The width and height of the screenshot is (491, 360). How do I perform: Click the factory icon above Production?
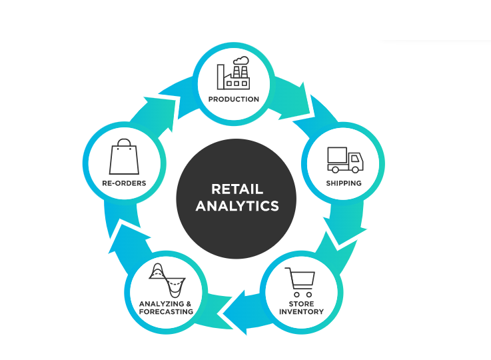coord(233,73)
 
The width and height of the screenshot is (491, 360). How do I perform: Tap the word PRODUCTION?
coord(234,99)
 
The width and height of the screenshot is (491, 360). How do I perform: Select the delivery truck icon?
coord(345,160)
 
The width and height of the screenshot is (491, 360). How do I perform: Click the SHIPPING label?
coord(344,183)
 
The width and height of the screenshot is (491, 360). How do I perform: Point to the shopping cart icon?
coord(300,282)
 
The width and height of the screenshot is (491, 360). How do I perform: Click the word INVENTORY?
coord(301,312)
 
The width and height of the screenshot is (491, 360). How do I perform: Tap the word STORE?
coord(301,303)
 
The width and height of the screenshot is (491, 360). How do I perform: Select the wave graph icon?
coord(167,280)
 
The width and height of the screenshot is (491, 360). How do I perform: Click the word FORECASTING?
coord(166,312)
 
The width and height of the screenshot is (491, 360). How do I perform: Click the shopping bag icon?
coord(124,157)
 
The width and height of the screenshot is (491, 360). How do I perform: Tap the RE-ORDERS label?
coord(124,183)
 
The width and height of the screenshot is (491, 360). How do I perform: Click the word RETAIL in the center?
coord(237,189)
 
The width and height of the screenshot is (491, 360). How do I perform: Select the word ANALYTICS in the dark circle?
coord(237,206)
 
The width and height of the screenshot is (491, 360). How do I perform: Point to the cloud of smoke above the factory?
coord(241,61)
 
